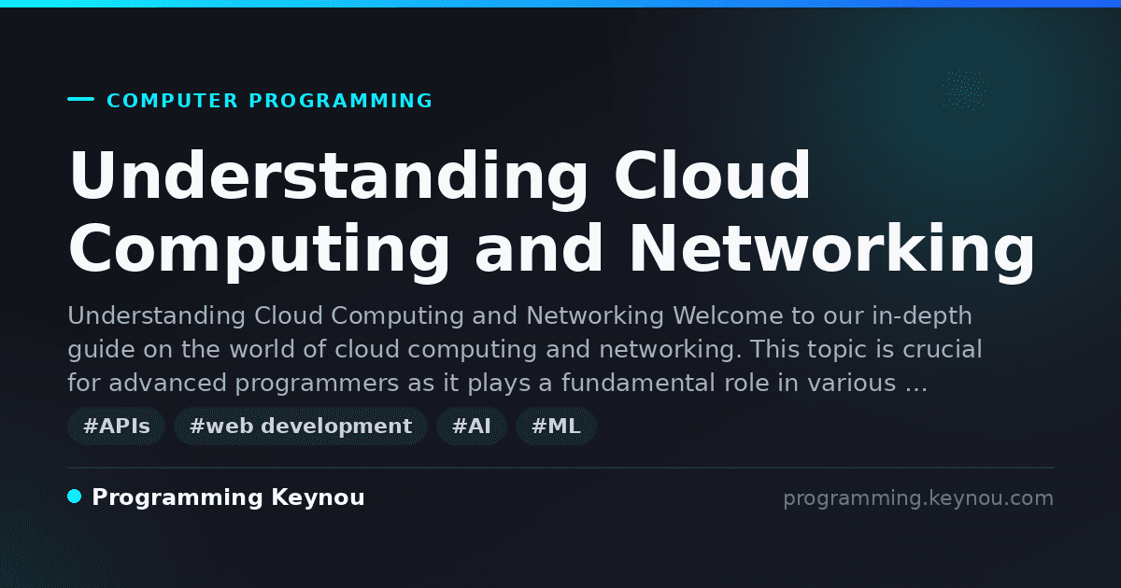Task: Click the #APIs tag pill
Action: coord(116,426)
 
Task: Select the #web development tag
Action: coord(300,426)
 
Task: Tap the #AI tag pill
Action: coord(472,426)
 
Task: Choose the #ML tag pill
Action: coord(556,426)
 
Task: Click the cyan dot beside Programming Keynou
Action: coord(75,497)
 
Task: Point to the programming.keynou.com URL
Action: coord(918,498)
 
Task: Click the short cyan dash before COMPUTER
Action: coord(80,99)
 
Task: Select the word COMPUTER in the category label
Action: coord(172,101)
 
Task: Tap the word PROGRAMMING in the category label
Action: coord(341,101)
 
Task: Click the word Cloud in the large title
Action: coord(712,175)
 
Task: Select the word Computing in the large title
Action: coord(260,251)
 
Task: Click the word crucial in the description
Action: coord(943,349)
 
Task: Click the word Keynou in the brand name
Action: coord(318,497)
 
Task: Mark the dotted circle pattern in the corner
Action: coord(965,91)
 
